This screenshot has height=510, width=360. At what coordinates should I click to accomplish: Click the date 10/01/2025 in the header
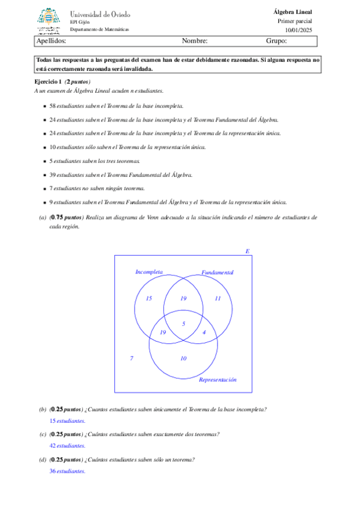pos(298,29)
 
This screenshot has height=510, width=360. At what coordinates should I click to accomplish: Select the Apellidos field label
pos(51,41)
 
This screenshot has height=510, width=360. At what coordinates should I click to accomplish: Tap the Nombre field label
pos(194,41)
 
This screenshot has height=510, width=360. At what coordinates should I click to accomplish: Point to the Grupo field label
pos(276,41)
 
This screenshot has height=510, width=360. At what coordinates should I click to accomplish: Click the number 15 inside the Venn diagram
pos(149,298)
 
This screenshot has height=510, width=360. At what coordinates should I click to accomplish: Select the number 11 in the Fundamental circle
pos(218,298)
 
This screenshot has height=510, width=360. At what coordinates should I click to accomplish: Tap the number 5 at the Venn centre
pos(183,324)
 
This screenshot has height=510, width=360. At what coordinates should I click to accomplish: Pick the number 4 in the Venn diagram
pos(204,332)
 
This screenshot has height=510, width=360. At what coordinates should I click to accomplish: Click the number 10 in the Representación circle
pos(183,358)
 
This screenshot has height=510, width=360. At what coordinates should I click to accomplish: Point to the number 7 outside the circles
pos(132,358)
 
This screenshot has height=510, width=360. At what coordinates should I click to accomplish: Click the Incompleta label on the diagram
pos(149,272)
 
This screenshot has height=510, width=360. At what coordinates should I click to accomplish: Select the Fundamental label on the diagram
pos(217,272)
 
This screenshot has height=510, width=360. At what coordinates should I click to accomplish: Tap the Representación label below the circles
pos(218,380)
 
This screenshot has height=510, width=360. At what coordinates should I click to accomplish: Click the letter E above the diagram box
pos(247,251)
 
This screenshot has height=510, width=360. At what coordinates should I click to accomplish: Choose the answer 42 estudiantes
pos(67,446)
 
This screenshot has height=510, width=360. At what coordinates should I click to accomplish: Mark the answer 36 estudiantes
pos(67,471)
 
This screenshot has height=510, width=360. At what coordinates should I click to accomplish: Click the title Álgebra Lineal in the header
pos(292,11)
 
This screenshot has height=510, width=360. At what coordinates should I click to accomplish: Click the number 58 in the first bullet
pos(52,105)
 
